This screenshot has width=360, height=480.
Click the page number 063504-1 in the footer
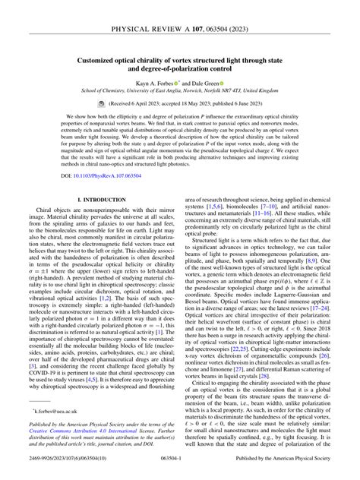[179, 470]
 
